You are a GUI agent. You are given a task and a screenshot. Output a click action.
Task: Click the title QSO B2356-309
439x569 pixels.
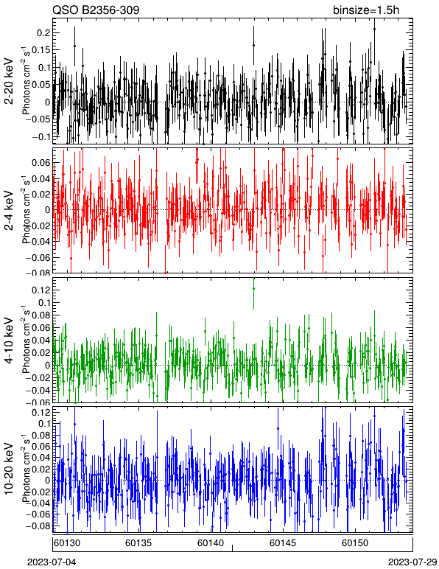click(x=96, y=10)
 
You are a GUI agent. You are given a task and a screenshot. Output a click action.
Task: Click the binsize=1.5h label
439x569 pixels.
click(x=366, y=10)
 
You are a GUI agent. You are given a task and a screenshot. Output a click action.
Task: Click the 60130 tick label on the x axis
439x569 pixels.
click(x=67, y=543)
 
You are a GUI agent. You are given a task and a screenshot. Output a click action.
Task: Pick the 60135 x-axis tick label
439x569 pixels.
click(x=138, y=543)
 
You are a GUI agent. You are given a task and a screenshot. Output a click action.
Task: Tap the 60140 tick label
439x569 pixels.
click(x=211, y=543)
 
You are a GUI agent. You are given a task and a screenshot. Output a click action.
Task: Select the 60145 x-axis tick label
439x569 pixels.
click(x=283, y=543)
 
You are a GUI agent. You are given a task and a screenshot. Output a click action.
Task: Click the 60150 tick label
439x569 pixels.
click(x=355, y=543)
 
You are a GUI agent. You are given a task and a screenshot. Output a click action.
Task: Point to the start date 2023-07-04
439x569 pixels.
click(x=52, y=562)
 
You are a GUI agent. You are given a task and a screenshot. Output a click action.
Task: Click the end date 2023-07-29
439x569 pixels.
click(x=412, y=562)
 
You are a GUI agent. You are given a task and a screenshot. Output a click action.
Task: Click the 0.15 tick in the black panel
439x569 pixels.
click(x=41, y=50)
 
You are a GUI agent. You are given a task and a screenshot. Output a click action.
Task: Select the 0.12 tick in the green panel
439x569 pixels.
click(x=41, y=290)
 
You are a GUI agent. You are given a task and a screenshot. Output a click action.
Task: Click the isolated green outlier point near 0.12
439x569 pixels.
click(x=254, y=288)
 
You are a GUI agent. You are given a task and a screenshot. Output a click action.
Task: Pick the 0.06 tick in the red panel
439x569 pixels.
click(x=41, y=163)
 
